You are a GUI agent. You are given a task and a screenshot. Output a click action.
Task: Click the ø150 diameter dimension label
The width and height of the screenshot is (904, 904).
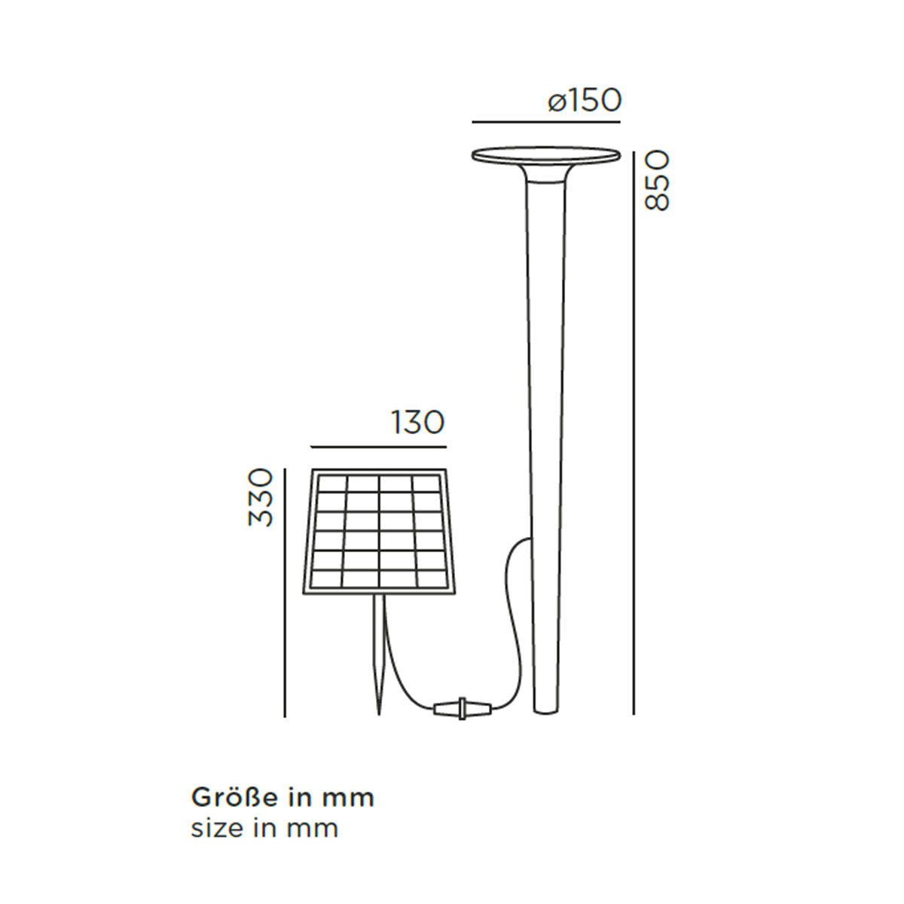click(x=585, y=100)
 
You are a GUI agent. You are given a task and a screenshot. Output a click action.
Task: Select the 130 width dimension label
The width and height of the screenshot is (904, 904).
click(x=417, y=423)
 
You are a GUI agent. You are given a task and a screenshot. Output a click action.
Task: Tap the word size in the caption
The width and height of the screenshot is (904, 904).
click(x=217, y=829)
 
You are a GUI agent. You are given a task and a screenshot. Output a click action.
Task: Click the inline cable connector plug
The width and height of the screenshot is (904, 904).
click(x=463, y=708)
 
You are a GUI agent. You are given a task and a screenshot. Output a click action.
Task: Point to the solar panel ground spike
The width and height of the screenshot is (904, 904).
click(x=380, y=655)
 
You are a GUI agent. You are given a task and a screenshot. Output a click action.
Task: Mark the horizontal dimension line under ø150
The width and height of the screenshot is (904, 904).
click(x=545, y=121)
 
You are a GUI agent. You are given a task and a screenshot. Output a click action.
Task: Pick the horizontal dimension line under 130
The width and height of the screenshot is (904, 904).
click(x=377, y=447)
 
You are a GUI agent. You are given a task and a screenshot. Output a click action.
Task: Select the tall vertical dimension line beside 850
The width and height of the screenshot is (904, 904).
click(x=633, y=429)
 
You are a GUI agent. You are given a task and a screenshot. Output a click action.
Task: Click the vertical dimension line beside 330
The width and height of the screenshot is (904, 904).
click(x=286, y=591)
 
